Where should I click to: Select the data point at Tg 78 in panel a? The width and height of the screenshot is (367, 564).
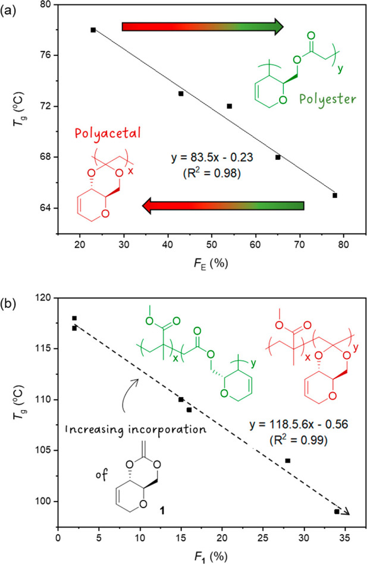[93, 30]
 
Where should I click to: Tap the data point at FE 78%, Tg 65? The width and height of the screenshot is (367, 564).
[335, 195]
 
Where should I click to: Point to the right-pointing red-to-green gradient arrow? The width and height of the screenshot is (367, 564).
[202, 27]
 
